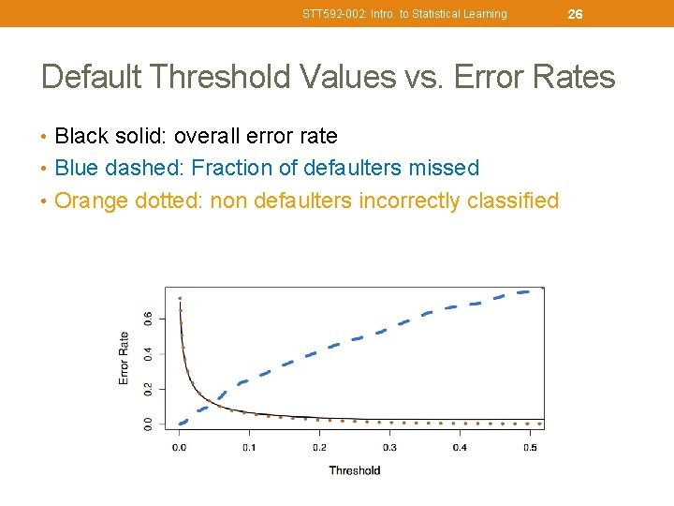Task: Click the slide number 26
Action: coord(575,14)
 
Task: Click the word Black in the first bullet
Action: coord(80,137)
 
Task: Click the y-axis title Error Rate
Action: coord(124,358)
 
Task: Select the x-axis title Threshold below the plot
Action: coord(354,470)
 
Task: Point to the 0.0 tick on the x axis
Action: coord(179,448)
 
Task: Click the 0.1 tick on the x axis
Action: coord(249,448)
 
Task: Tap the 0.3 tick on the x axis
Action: coord(389,448)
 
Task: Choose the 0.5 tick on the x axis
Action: coord(530,448)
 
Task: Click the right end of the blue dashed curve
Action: coord(541,290)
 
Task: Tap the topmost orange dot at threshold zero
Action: coord(180,298)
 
